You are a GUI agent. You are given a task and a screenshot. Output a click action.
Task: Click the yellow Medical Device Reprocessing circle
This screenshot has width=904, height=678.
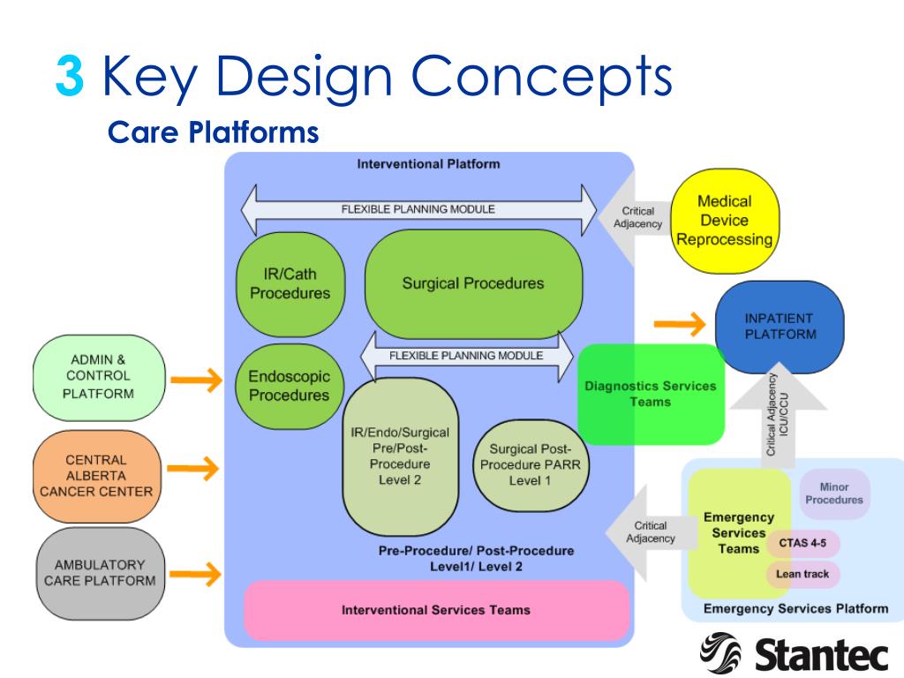(723, 220)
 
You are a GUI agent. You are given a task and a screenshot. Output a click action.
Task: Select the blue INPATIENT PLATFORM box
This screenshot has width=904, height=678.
(779, 326)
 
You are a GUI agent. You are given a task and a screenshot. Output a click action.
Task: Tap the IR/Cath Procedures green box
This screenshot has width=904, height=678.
(290, 283)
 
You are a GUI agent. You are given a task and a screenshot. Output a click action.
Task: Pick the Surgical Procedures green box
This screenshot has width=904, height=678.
(473, 283)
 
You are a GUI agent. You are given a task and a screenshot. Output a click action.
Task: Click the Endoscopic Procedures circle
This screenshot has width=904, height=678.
(288, 386)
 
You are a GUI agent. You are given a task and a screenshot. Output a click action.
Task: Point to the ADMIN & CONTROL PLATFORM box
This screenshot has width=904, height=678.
(98, 376)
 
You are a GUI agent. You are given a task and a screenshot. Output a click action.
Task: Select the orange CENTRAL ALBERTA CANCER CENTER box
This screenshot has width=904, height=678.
(96, 476)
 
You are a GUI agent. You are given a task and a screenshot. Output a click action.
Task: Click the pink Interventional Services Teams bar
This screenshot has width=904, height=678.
(436, 609)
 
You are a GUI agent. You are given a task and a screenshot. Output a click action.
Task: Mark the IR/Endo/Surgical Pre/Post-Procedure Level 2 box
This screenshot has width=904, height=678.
(400, 456)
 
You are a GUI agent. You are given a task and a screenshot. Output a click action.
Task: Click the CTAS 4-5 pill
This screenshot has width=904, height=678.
(802, 544)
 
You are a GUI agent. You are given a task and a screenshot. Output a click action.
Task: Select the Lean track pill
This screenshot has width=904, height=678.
(802, 574)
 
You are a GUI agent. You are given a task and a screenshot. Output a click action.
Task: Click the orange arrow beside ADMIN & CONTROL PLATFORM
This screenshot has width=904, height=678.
(196, 380)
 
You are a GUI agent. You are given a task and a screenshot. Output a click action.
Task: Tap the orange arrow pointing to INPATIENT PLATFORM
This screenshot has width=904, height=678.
(681, 324)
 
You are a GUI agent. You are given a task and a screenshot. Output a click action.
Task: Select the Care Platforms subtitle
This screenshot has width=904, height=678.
(212, 132)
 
